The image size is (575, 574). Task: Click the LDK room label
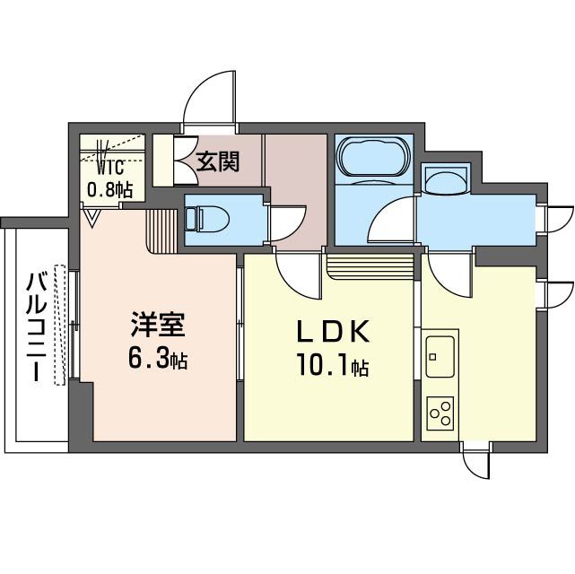coord(334,332)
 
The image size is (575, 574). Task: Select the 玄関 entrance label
coord(217,161)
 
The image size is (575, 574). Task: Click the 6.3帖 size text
coord(157,360)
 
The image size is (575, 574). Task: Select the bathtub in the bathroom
coord(372,158)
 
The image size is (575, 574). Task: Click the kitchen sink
coord(440,357)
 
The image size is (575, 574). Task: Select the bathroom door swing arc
coord(391,220)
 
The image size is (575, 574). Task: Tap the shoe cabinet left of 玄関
coord(163,160)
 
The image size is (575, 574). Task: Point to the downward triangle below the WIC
coord(91,216)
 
